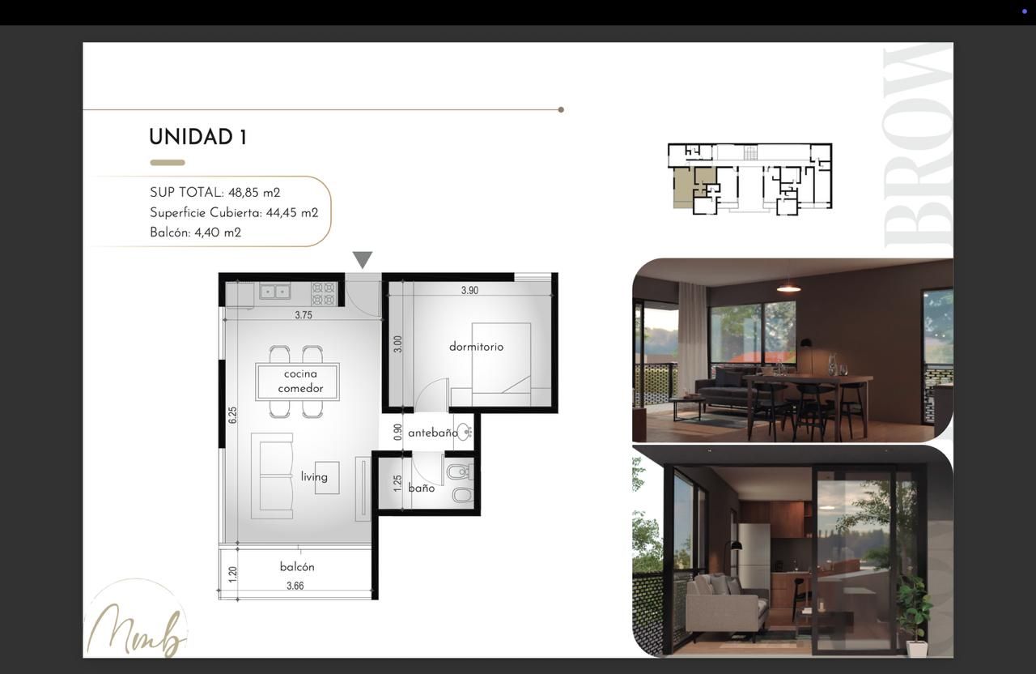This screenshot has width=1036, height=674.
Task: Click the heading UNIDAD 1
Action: (x=198, y=137)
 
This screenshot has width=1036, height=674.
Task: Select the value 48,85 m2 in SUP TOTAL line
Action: (x=254, y=193)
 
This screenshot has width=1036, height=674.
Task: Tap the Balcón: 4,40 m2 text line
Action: (x=195, y=232)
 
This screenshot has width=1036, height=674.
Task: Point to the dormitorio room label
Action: (x=477, y=347)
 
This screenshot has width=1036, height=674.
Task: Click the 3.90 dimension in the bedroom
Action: (x=469, y=290)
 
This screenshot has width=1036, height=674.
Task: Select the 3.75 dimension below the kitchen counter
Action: (x=304, y=315)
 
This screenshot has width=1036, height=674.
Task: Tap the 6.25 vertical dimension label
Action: (x=232, y=415)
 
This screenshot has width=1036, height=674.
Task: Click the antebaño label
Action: (x=433, y=433)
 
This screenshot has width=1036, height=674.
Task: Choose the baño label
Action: (x=422, y=488)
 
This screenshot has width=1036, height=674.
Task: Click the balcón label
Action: (x=297, y=566)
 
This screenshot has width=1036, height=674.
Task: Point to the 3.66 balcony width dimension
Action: (x=295, y=586)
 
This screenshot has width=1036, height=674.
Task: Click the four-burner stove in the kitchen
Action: (x=324, y=293)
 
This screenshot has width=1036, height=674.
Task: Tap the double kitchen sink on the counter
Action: (x=274, y=292)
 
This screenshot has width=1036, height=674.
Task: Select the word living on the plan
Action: (x=314, y=477)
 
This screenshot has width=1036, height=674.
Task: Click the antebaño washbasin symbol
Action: (x=465, y=431)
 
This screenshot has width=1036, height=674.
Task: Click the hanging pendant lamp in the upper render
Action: (x=788, y=288)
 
